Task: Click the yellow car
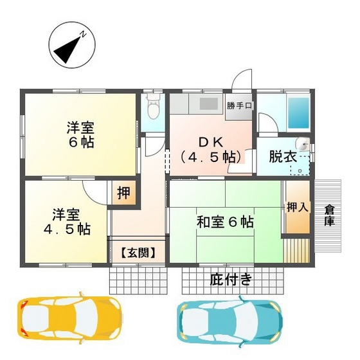(70, 318)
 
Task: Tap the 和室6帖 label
(224, 222)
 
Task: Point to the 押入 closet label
(297, 207)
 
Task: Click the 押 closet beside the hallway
(123, 194)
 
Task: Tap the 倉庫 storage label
(330, 215)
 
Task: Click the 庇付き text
(231, 279)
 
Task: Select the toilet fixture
(153, 109)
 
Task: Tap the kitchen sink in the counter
(209, 104)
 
